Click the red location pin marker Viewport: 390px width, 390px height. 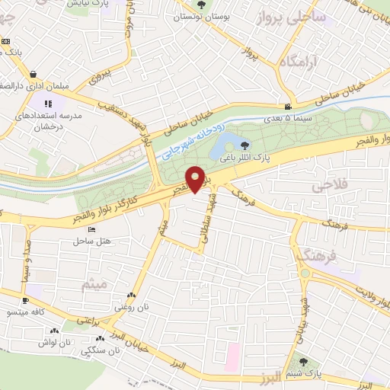click(195, 180)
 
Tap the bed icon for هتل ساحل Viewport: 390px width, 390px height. click(92, 229)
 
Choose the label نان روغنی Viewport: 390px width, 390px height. click(127, 307)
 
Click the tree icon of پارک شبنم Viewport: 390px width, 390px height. click(305, 363)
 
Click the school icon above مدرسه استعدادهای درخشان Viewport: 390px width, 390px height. click(47, 103)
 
